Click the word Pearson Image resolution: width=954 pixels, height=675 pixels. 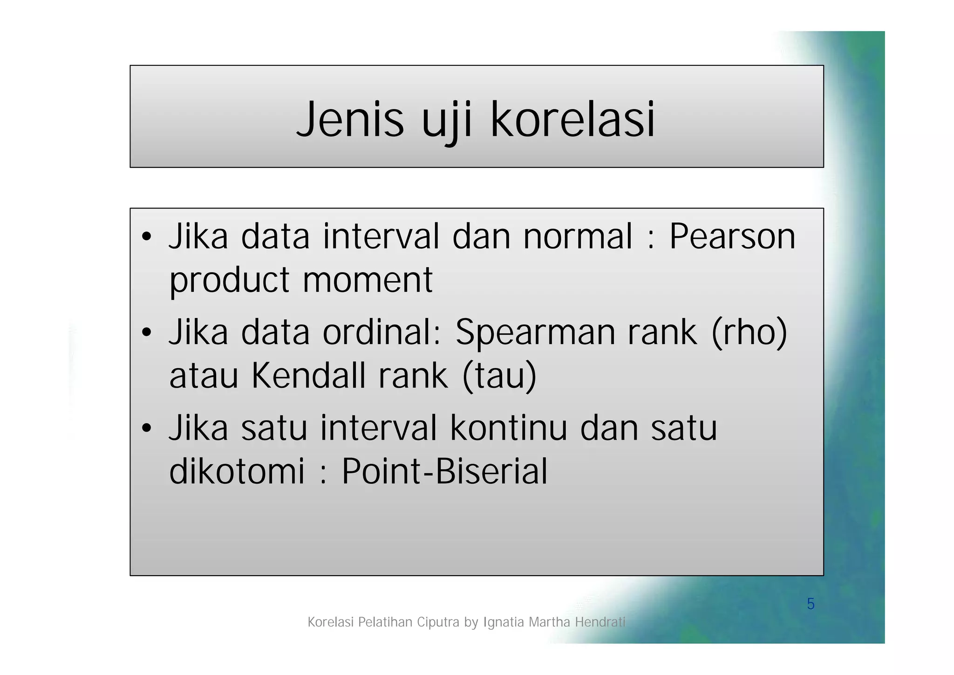pos(732,237)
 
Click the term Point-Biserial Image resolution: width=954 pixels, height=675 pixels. pos(444,471)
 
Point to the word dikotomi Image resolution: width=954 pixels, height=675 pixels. pos(237,471)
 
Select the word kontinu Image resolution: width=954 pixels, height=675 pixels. pos(508,428)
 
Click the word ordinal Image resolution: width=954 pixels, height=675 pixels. pos(382,333)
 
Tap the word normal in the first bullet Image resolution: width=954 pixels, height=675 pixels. pos(578,237)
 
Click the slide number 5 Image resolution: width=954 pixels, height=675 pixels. pos(811,604)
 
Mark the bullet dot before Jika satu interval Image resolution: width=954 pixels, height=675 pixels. pos(147,429)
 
